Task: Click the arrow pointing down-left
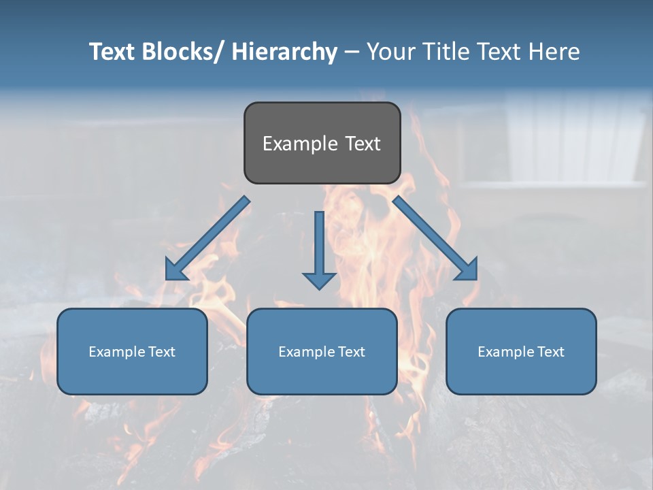pos(207,239)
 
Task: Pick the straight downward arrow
pos(319,245)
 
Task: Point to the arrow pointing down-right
pos(435,239)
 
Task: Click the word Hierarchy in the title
pos(284,52)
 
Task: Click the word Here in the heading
pos(555,52)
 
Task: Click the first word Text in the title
pos(113,52)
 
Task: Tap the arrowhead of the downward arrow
pos(319,280)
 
